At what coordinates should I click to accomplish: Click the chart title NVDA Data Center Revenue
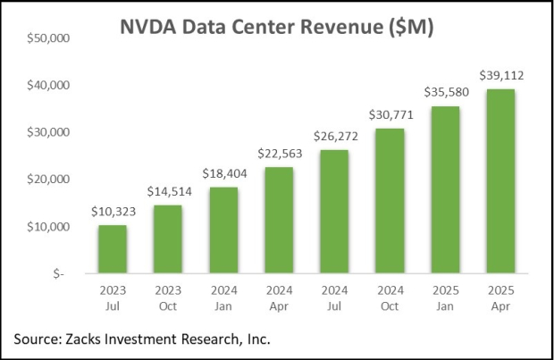tap(277, 28)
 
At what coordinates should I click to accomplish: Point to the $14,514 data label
tap(167, 193)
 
